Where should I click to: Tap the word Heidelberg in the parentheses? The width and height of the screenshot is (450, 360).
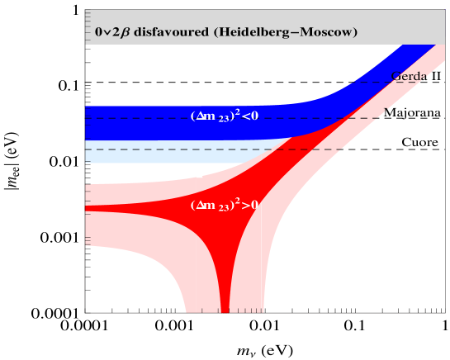(249, 34)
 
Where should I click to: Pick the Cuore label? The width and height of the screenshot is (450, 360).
(419, 143)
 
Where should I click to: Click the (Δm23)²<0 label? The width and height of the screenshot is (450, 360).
(224, 116)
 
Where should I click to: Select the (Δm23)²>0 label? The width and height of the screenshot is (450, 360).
(224, 204)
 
